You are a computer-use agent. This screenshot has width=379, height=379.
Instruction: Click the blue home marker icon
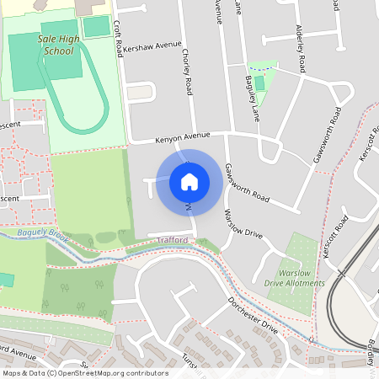click(x=189, y=181)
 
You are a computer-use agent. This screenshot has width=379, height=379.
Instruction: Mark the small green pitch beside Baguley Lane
click(x=259, y=83)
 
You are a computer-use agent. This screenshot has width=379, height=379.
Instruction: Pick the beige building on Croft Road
click(x=140, y=91)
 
